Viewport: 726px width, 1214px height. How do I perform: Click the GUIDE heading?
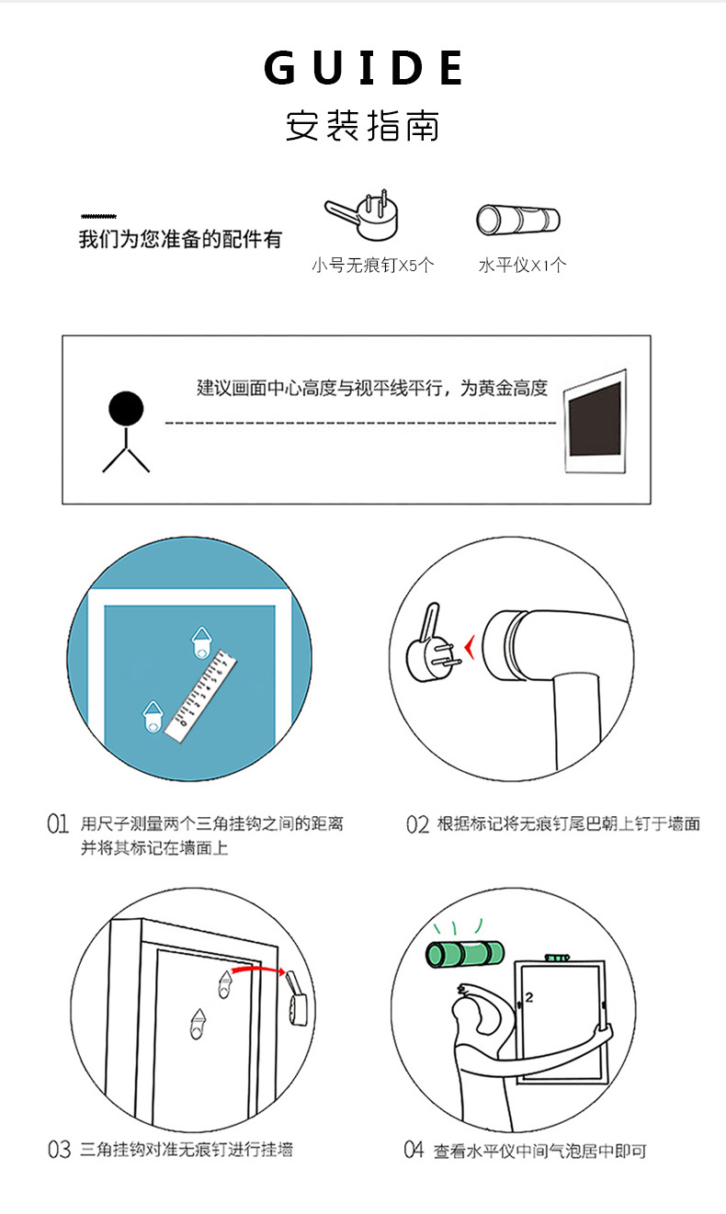pyautogui.click(x=364, y=69)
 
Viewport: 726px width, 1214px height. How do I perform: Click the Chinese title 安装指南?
pyautogui.click(x=363, y=126)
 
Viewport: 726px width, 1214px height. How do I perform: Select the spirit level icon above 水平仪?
pyautogui.click(x=518, y=221)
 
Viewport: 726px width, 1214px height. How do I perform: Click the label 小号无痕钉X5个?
pyautogui.click(x=372, y=267)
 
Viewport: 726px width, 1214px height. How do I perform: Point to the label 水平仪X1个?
pyautogui.click(x=522, y=267)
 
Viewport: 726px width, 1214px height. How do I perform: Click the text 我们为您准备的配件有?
pyautogui.click(x=180, y=241)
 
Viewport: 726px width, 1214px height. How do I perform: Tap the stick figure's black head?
pyautogui.click(x=126, y=408)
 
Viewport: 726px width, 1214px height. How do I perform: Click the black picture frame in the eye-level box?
pyautogui.click(x=595, y=420)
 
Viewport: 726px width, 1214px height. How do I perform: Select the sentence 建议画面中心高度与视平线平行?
pyautogui.click(x=372, y=389)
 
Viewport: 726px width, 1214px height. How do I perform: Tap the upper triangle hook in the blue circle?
pyautogui.click(x=200, y=641)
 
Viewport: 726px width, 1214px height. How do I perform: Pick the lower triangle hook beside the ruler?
pyautogui.click(x=153, y=715)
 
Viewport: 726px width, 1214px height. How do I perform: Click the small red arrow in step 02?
pyautogui.click(x=471, y=650)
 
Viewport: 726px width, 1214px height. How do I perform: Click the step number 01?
pyautogui.click(x=58, y=823)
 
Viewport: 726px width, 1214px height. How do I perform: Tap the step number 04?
pyautogui.click(x=414, y=1150)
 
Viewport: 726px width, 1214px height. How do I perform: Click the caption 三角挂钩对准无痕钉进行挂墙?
pyautogui.click(x=187, y=1149)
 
